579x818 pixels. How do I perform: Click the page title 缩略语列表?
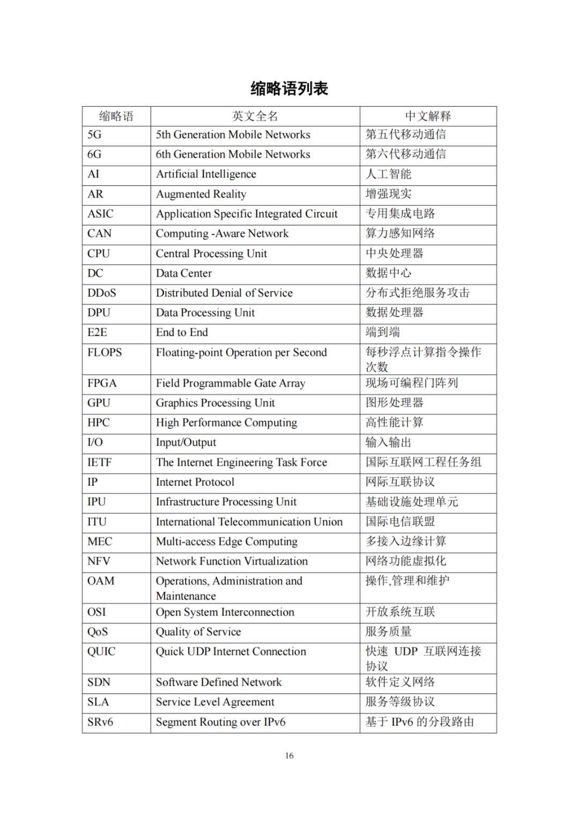[x=289, y=88]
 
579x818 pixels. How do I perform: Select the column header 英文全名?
[x=255, y=116]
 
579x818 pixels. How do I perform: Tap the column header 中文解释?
[x=428, y=116]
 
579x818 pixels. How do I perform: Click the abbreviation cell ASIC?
[x=101, y=214]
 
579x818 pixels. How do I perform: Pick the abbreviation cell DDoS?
[x=102, y=293]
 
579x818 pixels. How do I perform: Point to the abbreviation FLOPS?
[x=105, y=353]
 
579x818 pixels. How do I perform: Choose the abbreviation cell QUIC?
[x=101, y=652]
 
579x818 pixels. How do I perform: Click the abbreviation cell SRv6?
[x=100, y=723]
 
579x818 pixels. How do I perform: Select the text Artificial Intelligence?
[x=206, y=174]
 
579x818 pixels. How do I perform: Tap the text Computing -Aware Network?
[x=222, y=234]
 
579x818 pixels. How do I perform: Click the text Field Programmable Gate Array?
[x=231, y=383]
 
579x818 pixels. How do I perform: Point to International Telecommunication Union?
[x=249, y=522]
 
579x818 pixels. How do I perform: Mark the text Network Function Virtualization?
[x=232, y=561]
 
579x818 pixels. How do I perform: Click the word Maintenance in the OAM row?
[x=185, y=596]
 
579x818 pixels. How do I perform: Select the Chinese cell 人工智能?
[x=388, y=174]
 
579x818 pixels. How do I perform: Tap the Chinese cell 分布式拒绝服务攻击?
[x=417, y=293]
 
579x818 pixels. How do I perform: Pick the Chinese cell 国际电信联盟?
[x=400, y=522]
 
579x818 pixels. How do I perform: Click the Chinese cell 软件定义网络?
[x=400, y=682]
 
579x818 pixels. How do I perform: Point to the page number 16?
[x=289, y=756]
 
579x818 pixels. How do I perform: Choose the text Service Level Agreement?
[x=215, y=702]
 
